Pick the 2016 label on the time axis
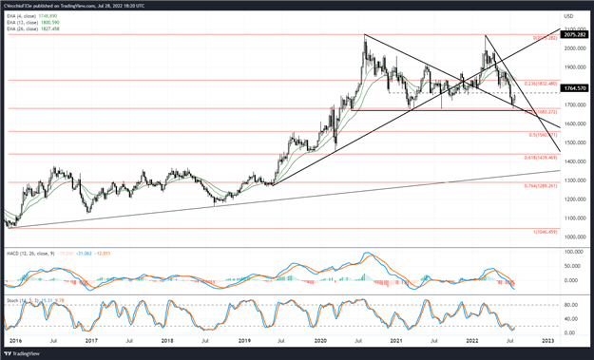click(x=16, y=339)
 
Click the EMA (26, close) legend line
click(x=34, y=28)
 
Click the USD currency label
click(x=568, y=16)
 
